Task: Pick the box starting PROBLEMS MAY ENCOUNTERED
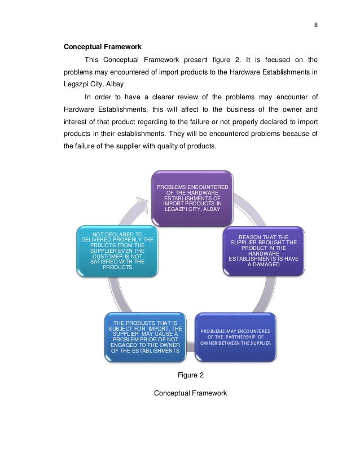[x=235, y=337]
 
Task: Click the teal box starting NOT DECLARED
[x=117, y=250]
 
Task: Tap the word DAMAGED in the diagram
[x=270, y=264]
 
